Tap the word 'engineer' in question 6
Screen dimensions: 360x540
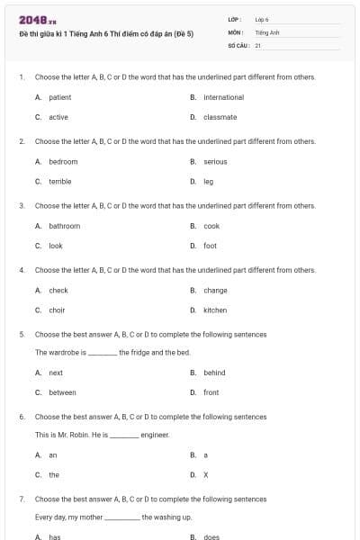coord(155,435)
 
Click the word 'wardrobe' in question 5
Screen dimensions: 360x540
coord(64,352)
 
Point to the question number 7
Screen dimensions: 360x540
coord(21,498)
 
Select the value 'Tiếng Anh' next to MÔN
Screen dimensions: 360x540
coord(267,31)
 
